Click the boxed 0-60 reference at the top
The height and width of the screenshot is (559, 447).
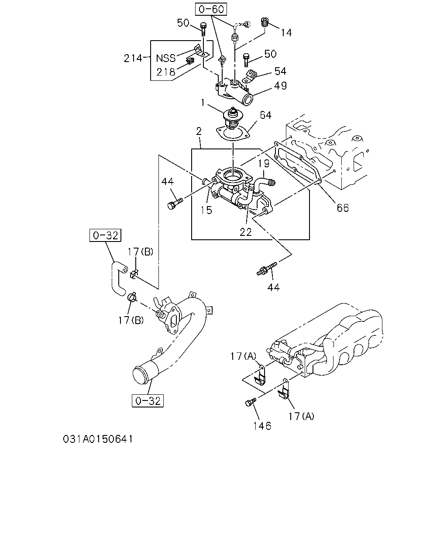pyautogui.click(x=211, y=9)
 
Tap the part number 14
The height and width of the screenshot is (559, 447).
pyautogui.click(x=286, y=33)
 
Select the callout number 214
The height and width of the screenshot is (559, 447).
pyautogui.click(x=133, y=58)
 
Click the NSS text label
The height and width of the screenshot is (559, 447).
pyautogui.click(x=166, y=59)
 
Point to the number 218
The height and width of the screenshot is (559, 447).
pyautogui.click(x=166, y=72)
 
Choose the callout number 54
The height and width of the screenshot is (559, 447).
pyautogui.click(x=281, y=71)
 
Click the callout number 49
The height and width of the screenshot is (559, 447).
pyautogui.click(x=281, y=86)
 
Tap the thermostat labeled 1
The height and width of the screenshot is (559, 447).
pyautogui.click(x=232, y=118)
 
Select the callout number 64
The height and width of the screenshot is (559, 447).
pyautogui.click(x=266, y=115)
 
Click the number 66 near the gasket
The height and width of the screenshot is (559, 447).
pyautogui.click(x=343, y=208)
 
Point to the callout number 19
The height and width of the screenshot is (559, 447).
pyautogui.click(x=264, y=164)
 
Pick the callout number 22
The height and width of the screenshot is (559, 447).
pyautogui.click(x=246, y=232)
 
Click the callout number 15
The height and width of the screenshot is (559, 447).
pyautogui.click(x=206, y=210)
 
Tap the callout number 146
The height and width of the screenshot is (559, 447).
pyautogui.click(x=262, y=426)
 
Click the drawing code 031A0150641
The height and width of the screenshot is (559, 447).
pyautogui.click(x=98, y=439)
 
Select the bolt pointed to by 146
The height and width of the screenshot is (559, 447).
pyautogui.click(x=251, y=402)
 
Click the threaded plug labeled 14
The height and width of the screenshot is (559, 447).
pyautogui.click(x=265, y=22)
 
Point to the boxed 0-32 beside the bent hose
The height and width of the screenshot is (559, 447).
pyautogui.click(x=106, y=235)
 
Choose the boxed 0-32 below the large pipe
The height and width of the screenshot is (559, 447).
pyautogui.click(x=148, y=401)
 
